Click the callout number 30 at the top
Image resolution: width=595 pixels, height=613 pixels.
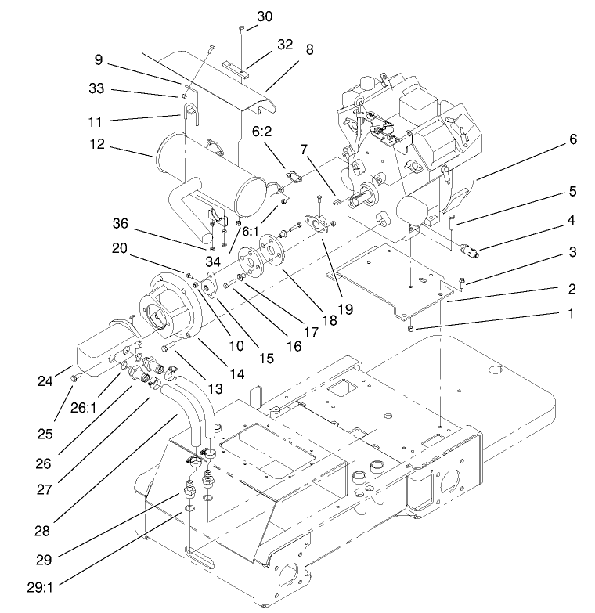(265, 16)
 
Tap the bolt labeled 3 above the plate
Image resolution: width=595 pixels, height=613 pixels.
(461, 283)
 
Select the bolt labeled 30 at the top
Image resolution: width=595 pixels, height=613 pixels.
(242, 31)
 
